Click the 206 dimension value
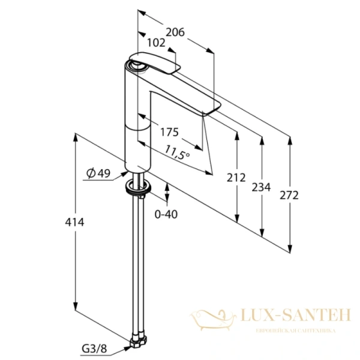coord(175,32)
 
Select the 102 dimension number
coord(156,43)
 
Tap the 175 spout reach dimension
coord(169,132)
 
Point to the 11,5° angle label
coord(177,152)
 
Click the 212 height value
coord(236,178)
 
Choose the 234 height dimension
coord(261,187)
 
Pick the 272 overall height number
coord(289,196)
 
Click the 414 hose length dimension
coord(74,222)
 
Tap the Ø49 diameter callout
coord(98,173)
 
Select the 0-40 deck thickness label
coord(166,214)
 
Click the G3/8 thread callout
coord(94,349)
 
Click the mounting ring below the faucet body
coord(138,186)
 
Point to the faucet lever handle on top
coord(154,62)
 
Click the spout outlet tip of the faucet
coord(211,110)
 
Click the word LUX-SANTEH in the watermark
coord(296,315)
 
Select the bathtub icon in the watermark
coord(213,320)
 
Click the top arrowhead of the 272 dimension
coord(290,140)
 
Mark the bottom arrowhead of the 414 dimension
coord(76,306)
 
